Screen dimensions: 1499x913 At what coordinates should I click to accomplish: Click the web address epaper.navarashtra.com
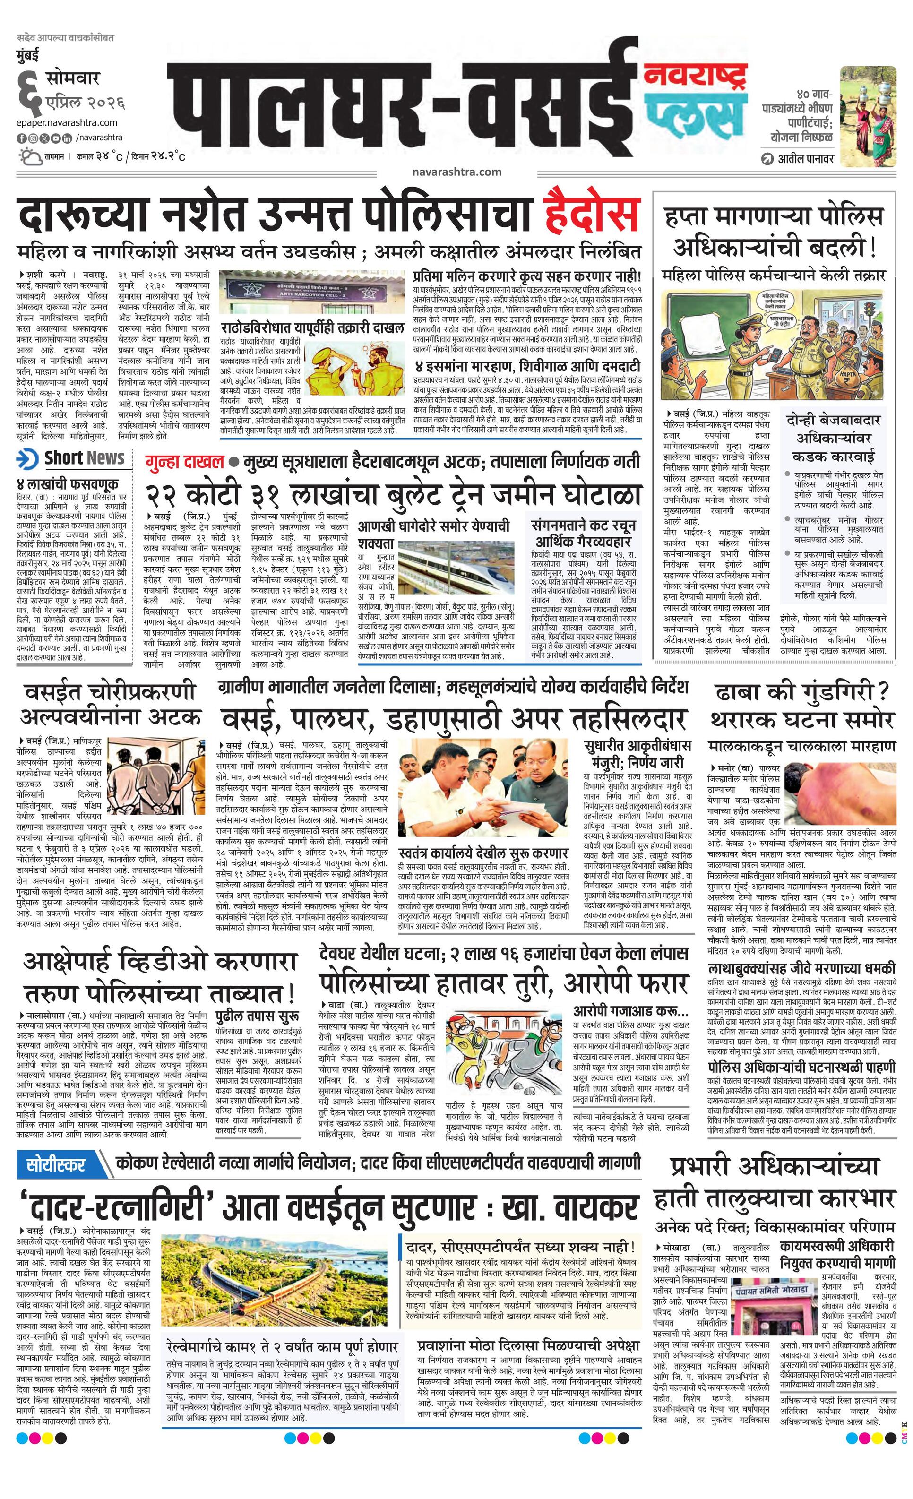click(67, 123)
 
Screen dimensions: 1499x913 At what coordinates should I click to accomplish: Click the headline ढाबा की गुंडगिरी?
click(801, 692)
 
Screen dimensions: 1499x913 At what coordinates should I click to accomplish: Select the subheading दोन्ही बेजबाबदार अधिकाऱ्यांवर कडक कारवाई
click(832, 438)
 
